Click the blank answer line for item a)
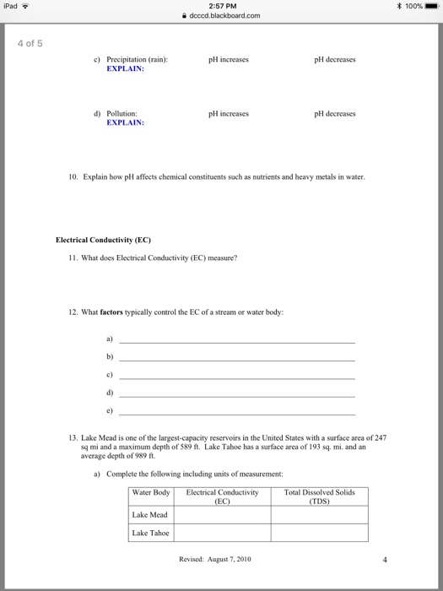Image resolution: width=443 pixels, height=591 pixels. click(237, 341)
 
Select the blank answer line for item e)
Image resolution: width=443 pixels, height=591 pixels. click(237, 415)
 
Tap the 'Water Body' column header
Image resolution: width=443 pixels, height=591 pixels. click(151, 492)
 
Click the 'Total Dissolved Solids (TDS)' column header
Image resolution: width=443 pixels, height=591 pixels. click(320, 496)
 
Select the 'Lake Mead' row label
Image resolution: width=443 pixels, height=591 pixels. click(150, 515)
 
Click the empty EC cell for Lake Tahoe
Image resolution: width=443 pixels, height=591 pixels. click(222, 534)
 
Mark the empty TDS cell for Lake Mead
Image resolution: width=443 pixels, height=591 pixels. click(320, 515)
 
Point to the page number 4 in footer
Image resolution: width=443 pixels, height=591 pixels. click(384, 559)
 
